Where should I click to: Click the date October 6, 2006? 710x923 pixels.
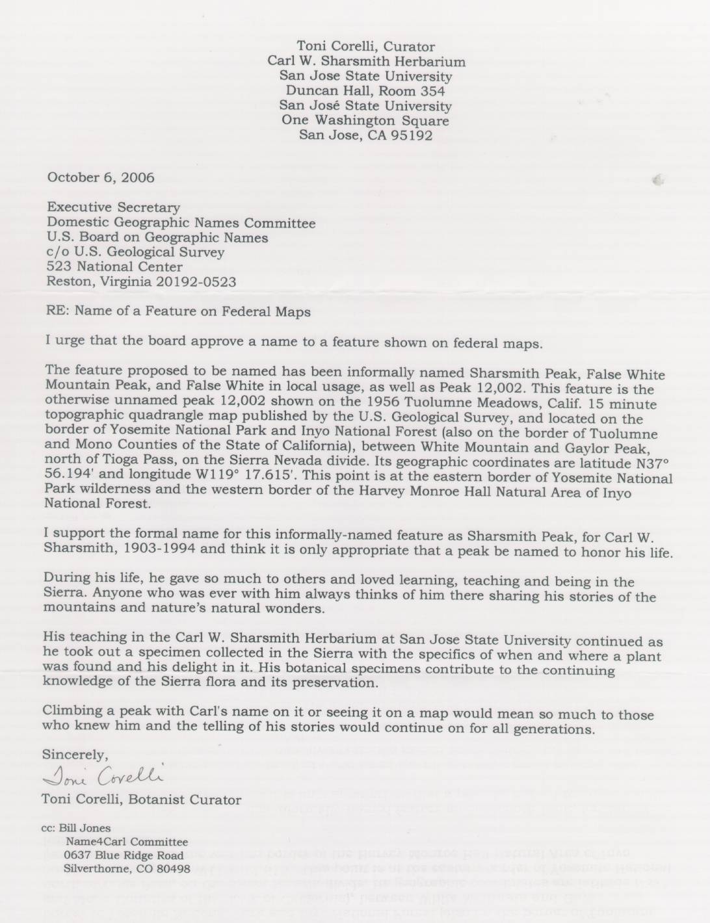click(100, 177)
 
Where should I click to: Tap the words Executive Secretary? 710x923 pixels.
click(113, 208)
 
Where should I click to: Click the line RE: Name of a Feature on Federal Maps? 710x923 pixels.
click(178, 311)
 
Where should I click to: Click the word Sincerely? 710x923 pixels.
click(73, 755)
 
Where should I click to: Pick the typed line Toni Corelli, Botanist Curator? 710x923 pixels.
click(141, 800)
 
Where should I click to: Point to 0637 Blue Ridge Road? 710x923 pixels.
click(124, 856)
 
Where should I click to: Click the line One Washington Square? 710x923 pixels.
click(365, 121)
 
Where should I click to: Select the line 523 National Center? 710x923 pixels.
click(114, 267)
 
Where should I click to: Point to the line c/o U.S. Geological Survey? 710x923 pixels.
click(135, 252)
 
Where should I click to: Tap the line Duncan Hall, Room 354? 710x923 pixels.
click(365, 91)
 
